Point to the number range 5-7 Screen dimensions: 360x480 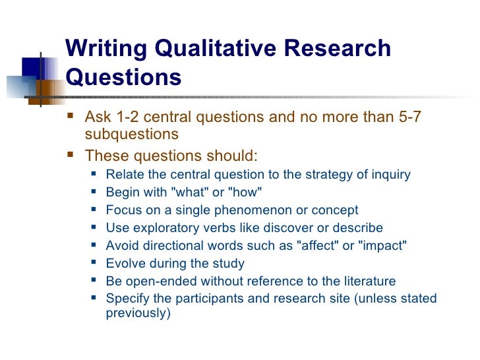pyautogui.click(x=407, y=118)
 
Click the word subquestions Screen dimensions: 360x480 pyautogui.click(x=132, y=134)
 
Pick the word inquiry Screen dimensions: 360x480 pyautogui.click(x=389, y=175)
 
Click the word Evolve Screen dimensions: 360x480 pyautogui.click(x=125, y=264)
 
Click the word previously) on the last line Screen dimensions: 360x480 pyautogui.click(x=138, y=314)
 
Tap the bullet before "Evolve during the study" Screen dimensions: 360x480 pyautogui.click(x=94, y=264)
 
